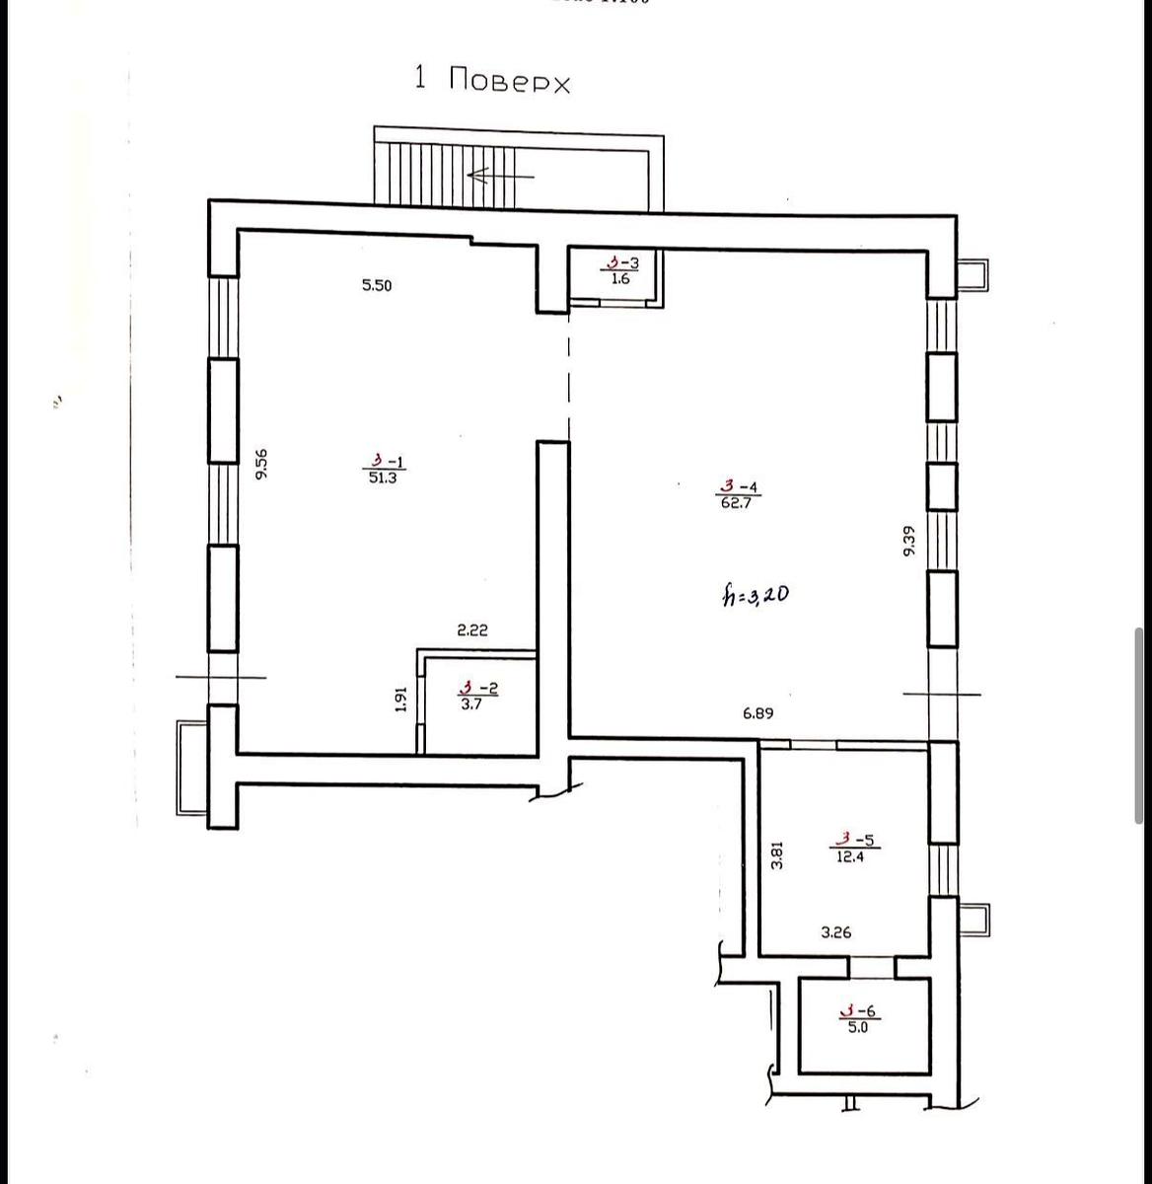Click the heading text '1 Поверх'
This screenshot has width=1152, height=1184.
pyautogui.click(x=492, y=80)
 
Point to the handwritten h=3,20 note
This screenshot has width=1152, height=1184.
pyautogui.click(x=754, y=595)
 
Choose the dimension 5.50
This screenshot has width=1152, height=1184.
pyautogui.click(x=377, y=286)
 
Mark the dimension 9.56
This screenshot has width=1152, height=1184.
pyautogui.click(x=261, y=465)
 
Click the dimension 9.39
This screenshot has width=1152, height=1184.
pyautogui.click(x=909, y=540)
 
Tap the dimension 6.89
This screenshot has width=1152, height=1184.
pyautogui.click(x=757, y=713)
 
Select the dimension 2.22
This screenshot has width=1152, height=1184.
pyautogui.click(x=471, y=630)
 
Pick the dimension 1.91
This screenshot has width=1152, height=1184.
pyautogui.click(x=401, y=699)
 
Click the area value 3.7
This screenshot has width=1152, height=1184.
pyautogui.click(x=470, y=705)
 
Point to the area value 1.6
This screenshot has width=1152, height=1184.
pyautogui.click(x=620, y=279)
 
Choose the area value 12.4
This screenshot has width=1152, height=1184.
pyautogui.click(x=850, y=857)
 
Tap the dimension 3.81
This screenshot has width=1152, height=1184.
pyautogui.click(x=777, y=853)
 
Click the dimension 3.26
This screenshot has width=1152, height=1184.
pyautogui.click(x=835, y=931)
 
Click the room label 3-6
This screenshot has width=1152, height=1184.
pyautogui.click(x=858, y=1010)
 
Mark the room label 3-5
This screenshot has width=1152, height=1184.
pyautogui.click(x=854, y=841)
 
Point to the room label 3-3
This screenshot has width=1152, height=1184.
pyautogui.click(x=622, y=262)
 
